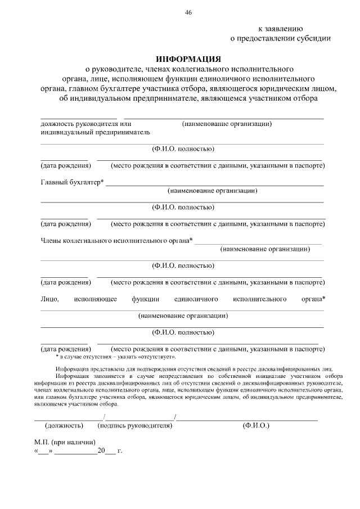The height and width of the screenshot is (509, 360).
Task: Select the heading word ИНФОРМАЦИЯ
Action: (x=188, y=59)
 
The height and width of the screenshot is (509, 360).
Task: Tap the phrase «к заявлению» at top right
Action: (x=281, y=28)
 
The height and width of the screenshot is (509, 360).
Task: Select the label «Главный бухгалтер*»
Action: (x=72, y=182)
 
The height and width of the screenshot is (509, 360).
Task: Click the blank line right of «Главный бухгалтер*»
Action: (x=214, y=184)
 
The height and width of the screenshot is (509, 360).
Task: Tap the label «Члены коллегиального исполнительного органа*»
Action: (x=116, y=240)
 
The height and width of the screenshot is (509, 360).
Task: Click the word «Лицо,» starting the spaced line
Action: (x=50, y=299)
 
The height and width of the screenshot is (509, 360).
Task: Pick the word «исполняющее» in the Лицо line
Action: (x=95, y=299)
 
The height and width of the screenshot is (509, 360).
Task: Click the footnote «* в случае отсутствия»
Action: (x=115, y=357)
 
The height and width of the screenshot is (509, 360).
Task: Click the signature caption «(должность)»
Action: (x=64, y=426)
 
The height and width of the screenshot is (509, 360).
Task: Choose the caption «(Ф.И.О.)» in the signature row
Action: (x=256, y=426)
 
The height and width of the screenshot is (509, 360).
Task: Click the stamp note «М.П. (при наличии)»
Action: (x=65, y=442)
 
